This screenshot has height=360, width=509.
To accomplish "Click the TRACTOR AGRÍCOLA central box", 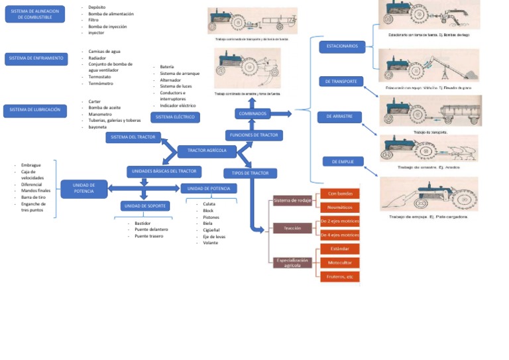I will tap(207, 151).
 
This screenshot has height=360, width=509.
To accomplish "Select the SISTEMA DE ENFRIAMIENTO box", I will tap(36, 58).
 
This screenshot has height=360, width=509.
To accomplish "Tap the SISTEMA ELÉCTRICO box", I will tap(176, 117).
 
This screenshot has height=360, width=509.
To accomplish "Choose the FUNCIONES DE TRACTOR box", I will tap(254, 135).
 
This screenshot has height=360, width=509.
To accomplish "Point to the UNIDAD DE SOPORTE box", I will tap(148, 206).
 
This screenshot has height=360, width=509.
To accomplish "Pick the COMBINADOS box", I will tap(252, 114).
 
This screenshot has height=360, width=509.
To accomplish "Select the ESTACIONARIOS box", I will tap(342, 46).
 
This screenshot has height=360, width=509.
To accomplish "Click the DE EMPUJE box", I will tap(342, 161).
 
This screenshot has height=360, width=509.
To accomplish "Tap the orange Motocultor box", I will tap(340, 263).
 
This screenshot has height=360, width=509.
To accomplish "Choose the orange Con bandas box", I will tap(340, 194).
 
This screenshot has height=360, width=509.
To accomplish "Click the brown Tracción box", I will tap(292, 228).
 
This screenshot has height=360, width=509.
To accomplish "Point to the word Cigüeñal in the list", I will tap(211, 229).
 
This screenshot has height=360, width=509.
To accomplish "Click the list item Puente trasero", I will tap(148, 236).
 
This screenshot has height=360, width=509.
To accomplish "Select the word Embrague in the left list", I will tap(31, 164).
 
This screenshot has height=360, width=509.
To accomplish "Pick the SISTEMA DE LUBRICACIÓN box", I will tap(35, 111).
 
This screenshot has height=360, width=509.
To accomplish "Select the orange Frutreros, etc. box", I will tap(340, 276).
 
